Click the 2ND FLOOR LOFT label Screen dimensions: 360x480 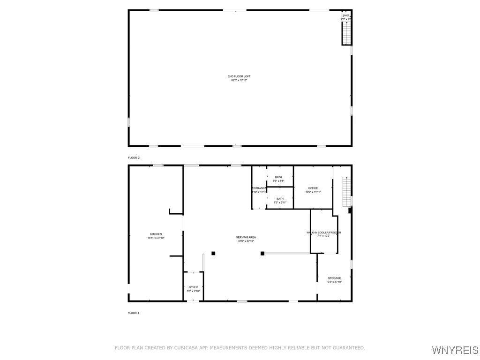pyautogui.click(x=239, y=76)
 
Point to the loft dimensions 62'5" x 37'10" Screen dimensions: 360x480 pyautogui.click(x=239, y=80)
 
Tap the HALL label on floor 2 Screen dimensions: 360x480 pyautogui.click(x=346, y=15)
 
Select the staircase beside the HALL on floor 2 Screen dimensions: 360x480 pyautogui.click(x=346, y=33)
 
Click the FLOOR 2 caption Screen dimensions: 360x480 pyautogui.click(x=134, y=158)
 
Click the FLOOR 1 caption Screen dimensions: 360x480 pyautogui.click(x=134, y=313)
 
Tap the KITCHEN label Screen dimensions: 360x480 pyautogui.click(x=156, y=234)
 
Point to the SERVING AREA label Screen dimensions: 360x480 pyautogui.click(x=246, y=237)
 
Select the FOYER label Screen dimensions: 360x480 pyautogui.click(x=193, y=287)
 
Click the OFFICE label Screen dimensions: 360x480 pyautogui.click(x=313, y=188)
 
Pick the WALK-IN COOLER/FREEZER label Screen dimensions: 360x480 pyautogui.click(x=324, y=232)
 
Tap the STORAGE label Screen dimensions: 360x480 pyautogui.click(x=334, y=278)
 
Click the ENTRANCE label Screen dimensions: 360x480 pyautogui.click(x=259, y=188)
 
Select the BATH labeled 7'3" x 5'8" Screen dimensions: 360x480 pyautogui.click(x=279, y=177)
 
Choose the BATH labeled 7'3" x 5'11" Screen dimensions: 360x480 pyautogui.click(x=280, y=199)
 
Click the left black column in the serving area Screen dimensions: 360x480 pyautogui.click(x=213, y=253)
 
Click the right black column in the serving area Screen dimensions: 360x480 pyautogui.click(x=262, y=254)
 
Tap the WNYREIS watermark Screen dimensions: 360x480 pyautogui.click(x=455, y=350)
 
